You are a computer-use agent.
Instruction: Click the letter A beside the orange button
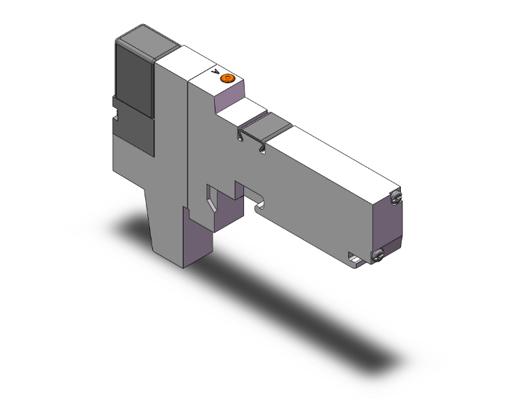[215, 72]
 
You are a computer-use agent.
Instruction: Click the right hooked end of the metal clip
[262, 148]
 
